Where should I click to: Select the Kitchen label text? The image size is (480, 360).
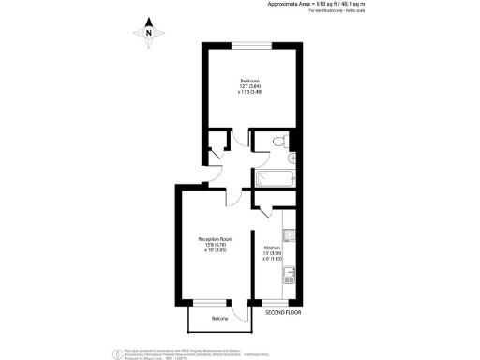272,248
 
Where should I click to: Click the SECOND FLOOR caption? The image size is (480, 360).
281,310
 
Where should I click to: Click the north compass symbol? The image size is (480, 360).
148,34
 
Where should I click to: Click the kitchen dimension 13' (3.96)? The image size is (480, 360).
272,254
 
